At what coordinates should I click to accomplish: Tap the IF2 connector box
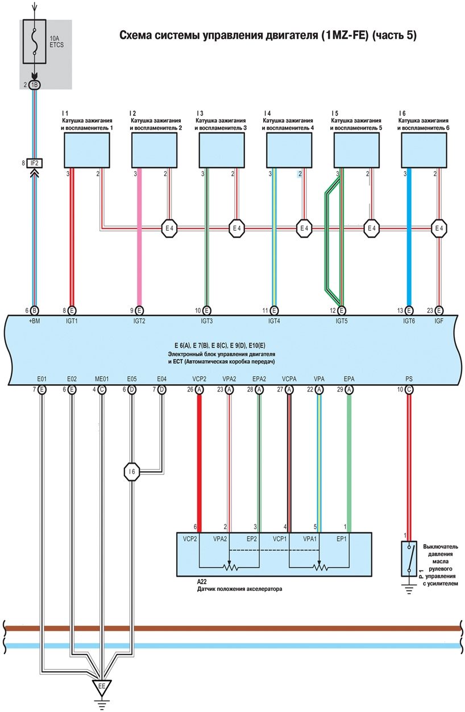[35, 163]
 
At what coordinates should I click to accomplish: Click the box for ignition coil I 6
[424, 152]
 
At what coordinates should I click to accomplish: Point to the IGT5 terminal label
[341, 321]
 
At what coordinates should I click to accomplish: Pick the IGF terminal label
[439, 321]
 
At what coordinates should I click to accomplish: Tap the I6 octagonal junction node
[131, 471]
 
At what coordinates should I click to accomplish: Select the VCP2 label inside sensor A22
[190, 538]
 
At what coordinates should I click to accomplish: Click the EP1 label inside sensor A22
[342, 538]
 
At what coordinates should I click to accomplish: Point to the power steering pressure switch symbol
[408, 559]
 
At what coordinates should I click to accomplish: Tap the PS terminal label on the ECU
[409, 378]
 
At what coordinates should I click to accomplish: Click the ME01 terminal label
[102, 378]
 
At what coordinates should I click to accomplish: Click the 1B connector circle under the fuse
[35, 85]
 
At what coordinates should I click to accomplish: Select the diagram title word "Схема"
[135, 35]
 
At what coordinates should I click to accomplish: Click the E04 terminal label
[162, 378]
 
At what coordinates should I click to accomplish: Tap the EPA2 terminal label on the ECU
[259, 378]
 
